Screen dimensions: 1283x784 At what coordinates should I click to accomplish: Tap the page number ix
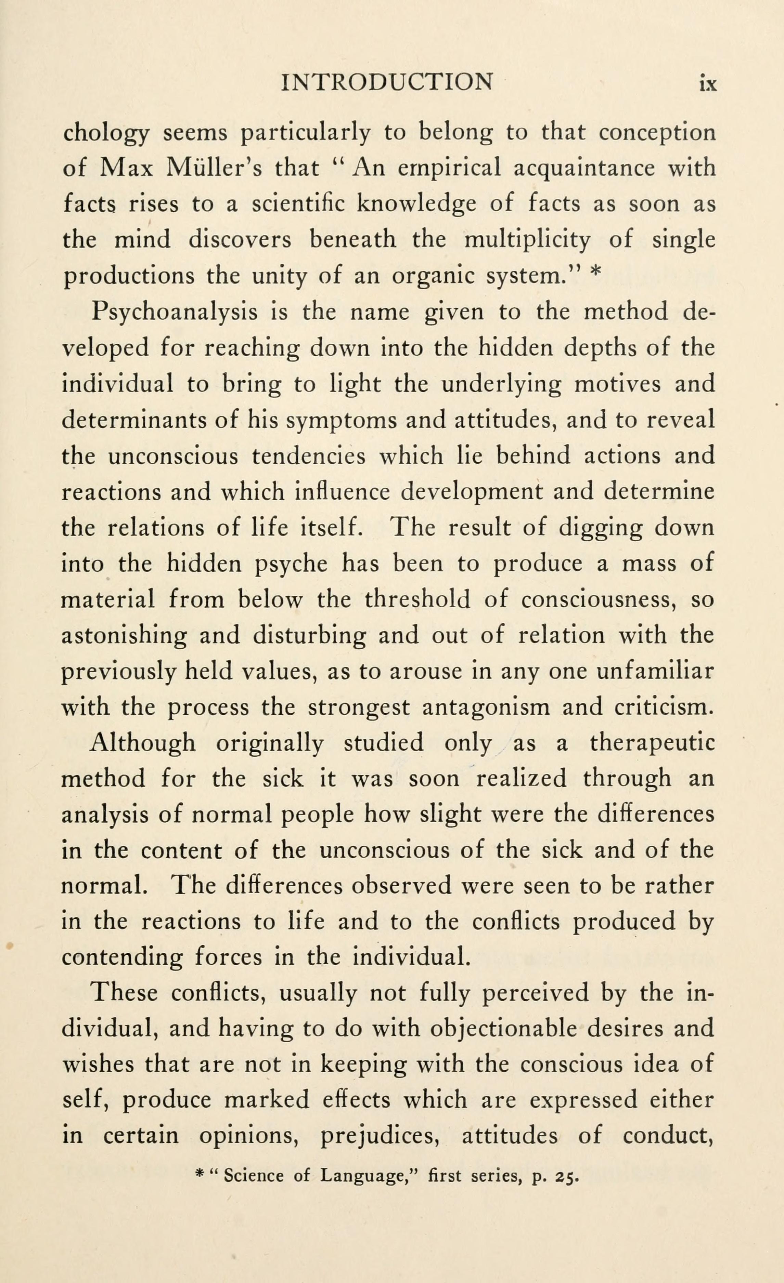coord(708,83)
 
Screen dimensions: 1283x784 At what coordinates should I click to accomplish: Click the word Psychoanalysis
coord(175,312)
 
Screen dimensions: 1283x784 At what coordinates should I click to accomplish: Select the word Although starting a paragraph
coord(143,743)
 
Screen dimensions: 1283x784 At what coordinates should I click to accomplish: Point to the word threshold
coord(417,600)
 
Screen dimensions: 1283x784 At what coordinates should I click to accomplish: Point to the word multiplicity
coord(527,240)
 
